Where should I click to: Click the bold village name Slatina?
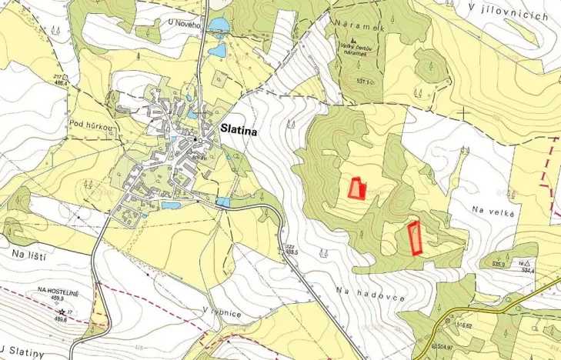(239, 132)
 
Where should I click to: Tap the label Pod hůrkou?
(87, 124)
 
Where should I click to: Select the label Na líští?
(28, 255)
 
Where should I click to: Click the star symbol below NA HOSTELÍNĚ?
(61, 311)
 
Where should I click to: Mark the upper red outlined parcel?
(356, 188)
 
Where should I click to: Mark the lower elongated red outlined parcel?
(415, 237)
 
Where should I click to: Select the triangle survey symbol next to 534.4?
(529, 262)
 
